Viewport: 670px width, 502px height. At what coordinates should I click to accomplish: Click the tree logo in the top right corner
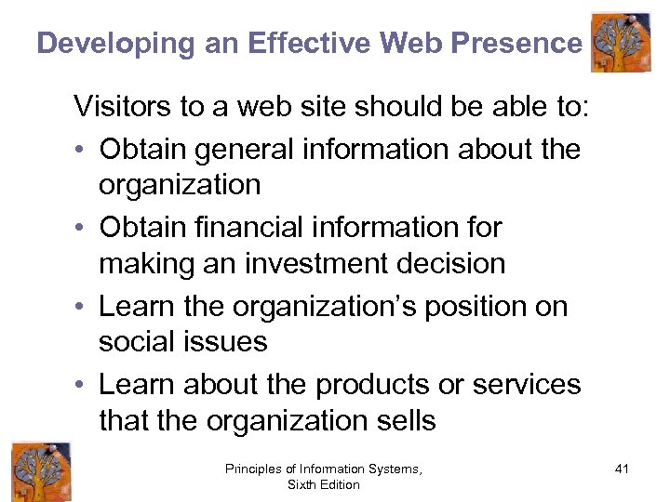[621, 42]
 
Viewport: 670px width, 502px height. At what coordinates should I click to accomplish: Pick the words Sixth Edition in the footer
[323, 485]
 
